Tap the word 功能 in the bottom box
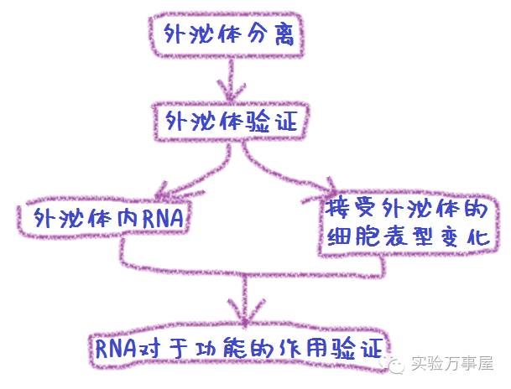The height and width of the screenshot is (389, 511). coord(222,345)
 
